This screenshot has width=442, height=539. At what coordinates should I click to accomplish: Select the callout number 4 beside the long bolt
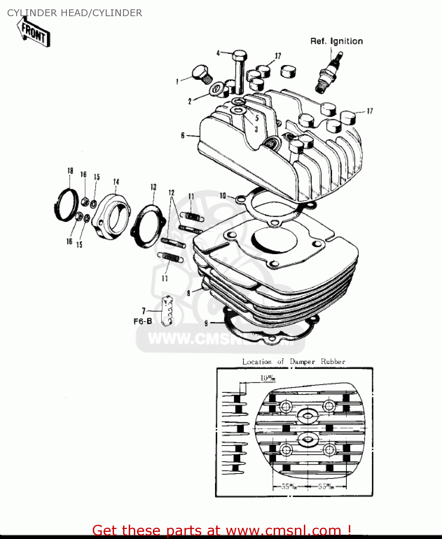click(x=218, y=53)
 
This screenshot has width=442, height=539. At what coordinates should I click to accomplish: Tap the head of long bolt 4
click(x=240, y=57)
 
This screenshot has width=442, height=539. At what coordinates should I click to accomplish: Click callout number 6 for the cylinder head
click(x=183, y=135)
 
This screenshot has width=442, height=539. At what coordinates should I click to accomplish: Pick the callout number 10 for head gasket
click(x=223, y=195)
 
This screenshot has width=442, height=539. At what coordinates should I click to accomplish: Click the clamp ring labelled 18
click(x=67, y=205)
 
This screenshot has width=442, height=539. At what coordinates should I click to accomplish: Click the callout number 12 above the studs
click(x=171, y=193)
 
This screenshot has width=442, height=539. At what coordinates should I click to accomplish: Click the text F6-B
click(x=142, y=321)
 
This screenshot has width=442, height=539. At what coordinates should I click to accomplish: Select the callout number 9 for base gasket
click(x=206, y=323)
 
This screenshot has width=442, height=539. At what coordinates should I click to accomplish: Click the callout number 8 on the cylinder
click(x=188, y=293)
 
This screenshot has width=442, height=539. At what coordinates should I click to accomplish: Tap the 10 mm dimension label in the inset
click(x=268, y=378)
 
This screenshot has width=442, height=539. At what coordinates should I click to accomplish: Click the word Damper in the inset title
click(x=302, y=361)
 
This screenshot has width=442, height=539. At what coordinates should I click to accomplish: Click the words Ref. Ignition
click(x=336, y=41)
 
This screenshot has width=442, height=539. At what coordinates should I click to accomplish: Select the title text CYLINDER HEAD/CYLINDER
click(x=74, y=13)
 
